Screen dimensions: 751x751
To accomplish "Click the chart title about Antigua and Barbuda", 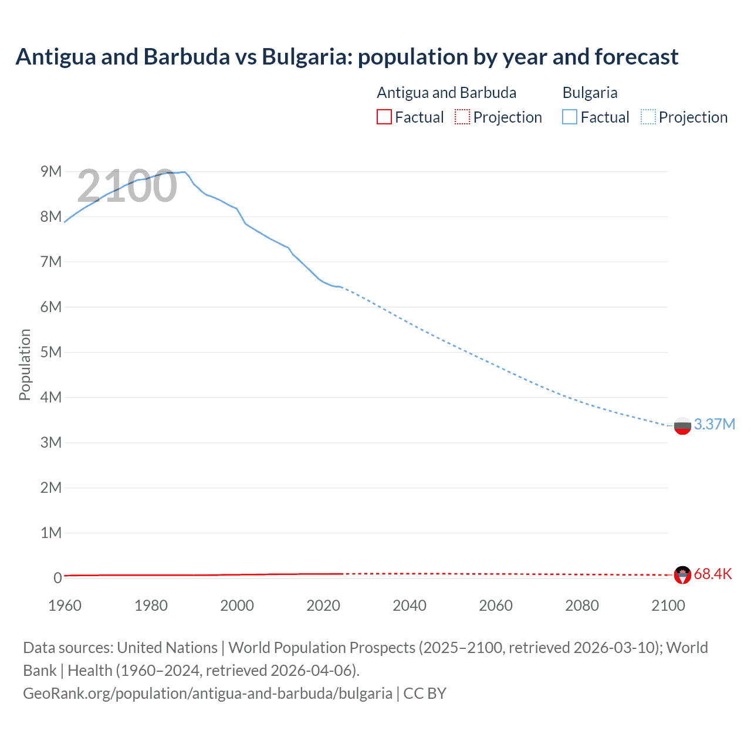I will point(347,57).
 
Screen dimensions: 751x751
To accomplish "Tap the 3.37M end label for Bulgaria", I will point(714,424).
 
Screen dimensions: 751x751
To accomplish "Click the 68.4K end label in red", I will point(712,574).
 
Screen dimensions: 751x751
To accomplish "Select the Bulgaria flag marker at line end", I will point(682,425).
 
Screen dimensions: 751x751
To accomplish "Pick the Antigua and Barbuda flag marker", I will point(682,574).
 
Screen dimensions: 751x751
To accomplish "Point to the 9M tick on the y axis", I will point(51,171).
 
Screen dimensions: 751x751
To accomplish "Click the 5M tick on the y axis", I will point(51,352).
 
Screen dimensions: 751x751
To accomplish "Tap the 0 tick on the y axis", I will point(57,578).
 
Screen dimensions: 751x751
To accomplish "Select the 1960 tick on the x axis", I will point(65,605).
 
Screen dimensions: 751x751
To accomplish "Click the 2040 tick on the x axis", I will point(410,605).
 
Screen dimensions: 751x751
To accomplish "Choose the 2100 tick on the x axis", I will point(668,605).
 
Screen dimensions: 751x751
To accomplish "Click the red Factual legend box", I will point(384,117).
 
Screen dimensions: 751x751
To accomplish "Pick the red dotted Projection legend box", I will point(462,117).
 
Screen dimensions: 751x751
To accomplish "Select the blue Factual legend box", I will point(570,117).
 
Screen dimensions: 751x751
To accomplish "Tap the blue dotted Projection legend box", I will point(648,117).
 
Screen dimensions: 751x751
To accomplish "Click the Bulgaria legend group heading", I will point(590,93).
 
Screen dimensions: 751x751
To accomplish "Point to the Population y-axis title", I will point(25,364).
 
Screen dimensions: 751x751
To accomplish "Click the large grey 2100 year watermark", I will point(127,186).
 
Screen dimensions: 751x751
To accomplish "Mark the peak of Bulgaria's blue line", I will point(184,172).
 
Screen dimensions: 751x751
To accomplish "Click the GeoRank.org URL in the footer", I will point(208,693).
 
